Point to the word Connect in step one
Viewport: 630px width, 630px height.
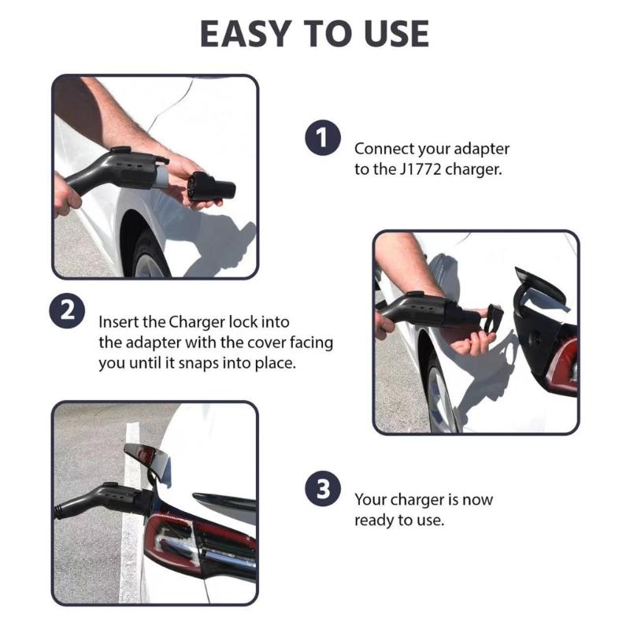tap(384, 148)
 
